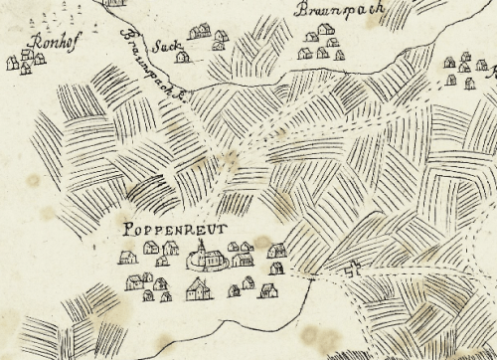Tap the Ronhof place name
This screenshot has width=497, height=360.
pos(46,42)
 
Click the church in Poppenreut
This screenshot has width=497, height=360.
pos(206,258)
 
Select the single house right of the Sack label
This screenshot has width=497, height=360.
pos(183,57)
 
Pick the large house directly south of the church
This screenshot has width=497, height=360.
pos(198,289)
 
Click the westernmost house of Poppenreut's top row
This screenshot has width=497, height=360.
pos(127,257)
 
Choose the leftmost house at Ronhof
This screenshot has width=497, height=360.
pos(13,63)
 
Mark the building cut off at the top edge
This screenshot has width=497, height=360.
pos(116,3)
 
